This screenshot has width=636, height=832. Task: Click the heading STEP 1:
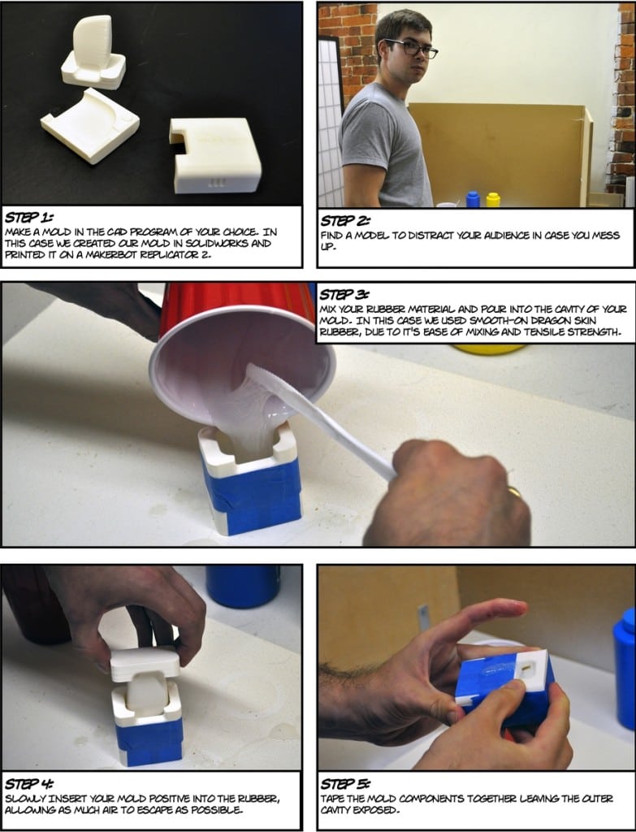[28, 218]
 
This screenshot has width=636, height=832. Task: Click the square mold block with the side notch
[216, 154]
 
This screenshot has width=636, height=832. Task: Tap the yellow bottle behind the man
[493, 199]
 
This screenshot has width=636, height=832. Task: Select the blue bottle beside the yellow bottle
[473, 199]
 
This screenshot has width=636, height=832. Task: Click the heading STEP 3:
[345, 295]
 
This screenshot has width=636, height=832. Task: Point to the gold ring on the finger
[515, 492]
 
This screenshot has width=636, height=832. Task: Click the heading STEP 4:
[29, 784]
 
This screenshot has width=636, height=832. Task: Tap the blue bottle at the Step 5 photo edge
[625, 666]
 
